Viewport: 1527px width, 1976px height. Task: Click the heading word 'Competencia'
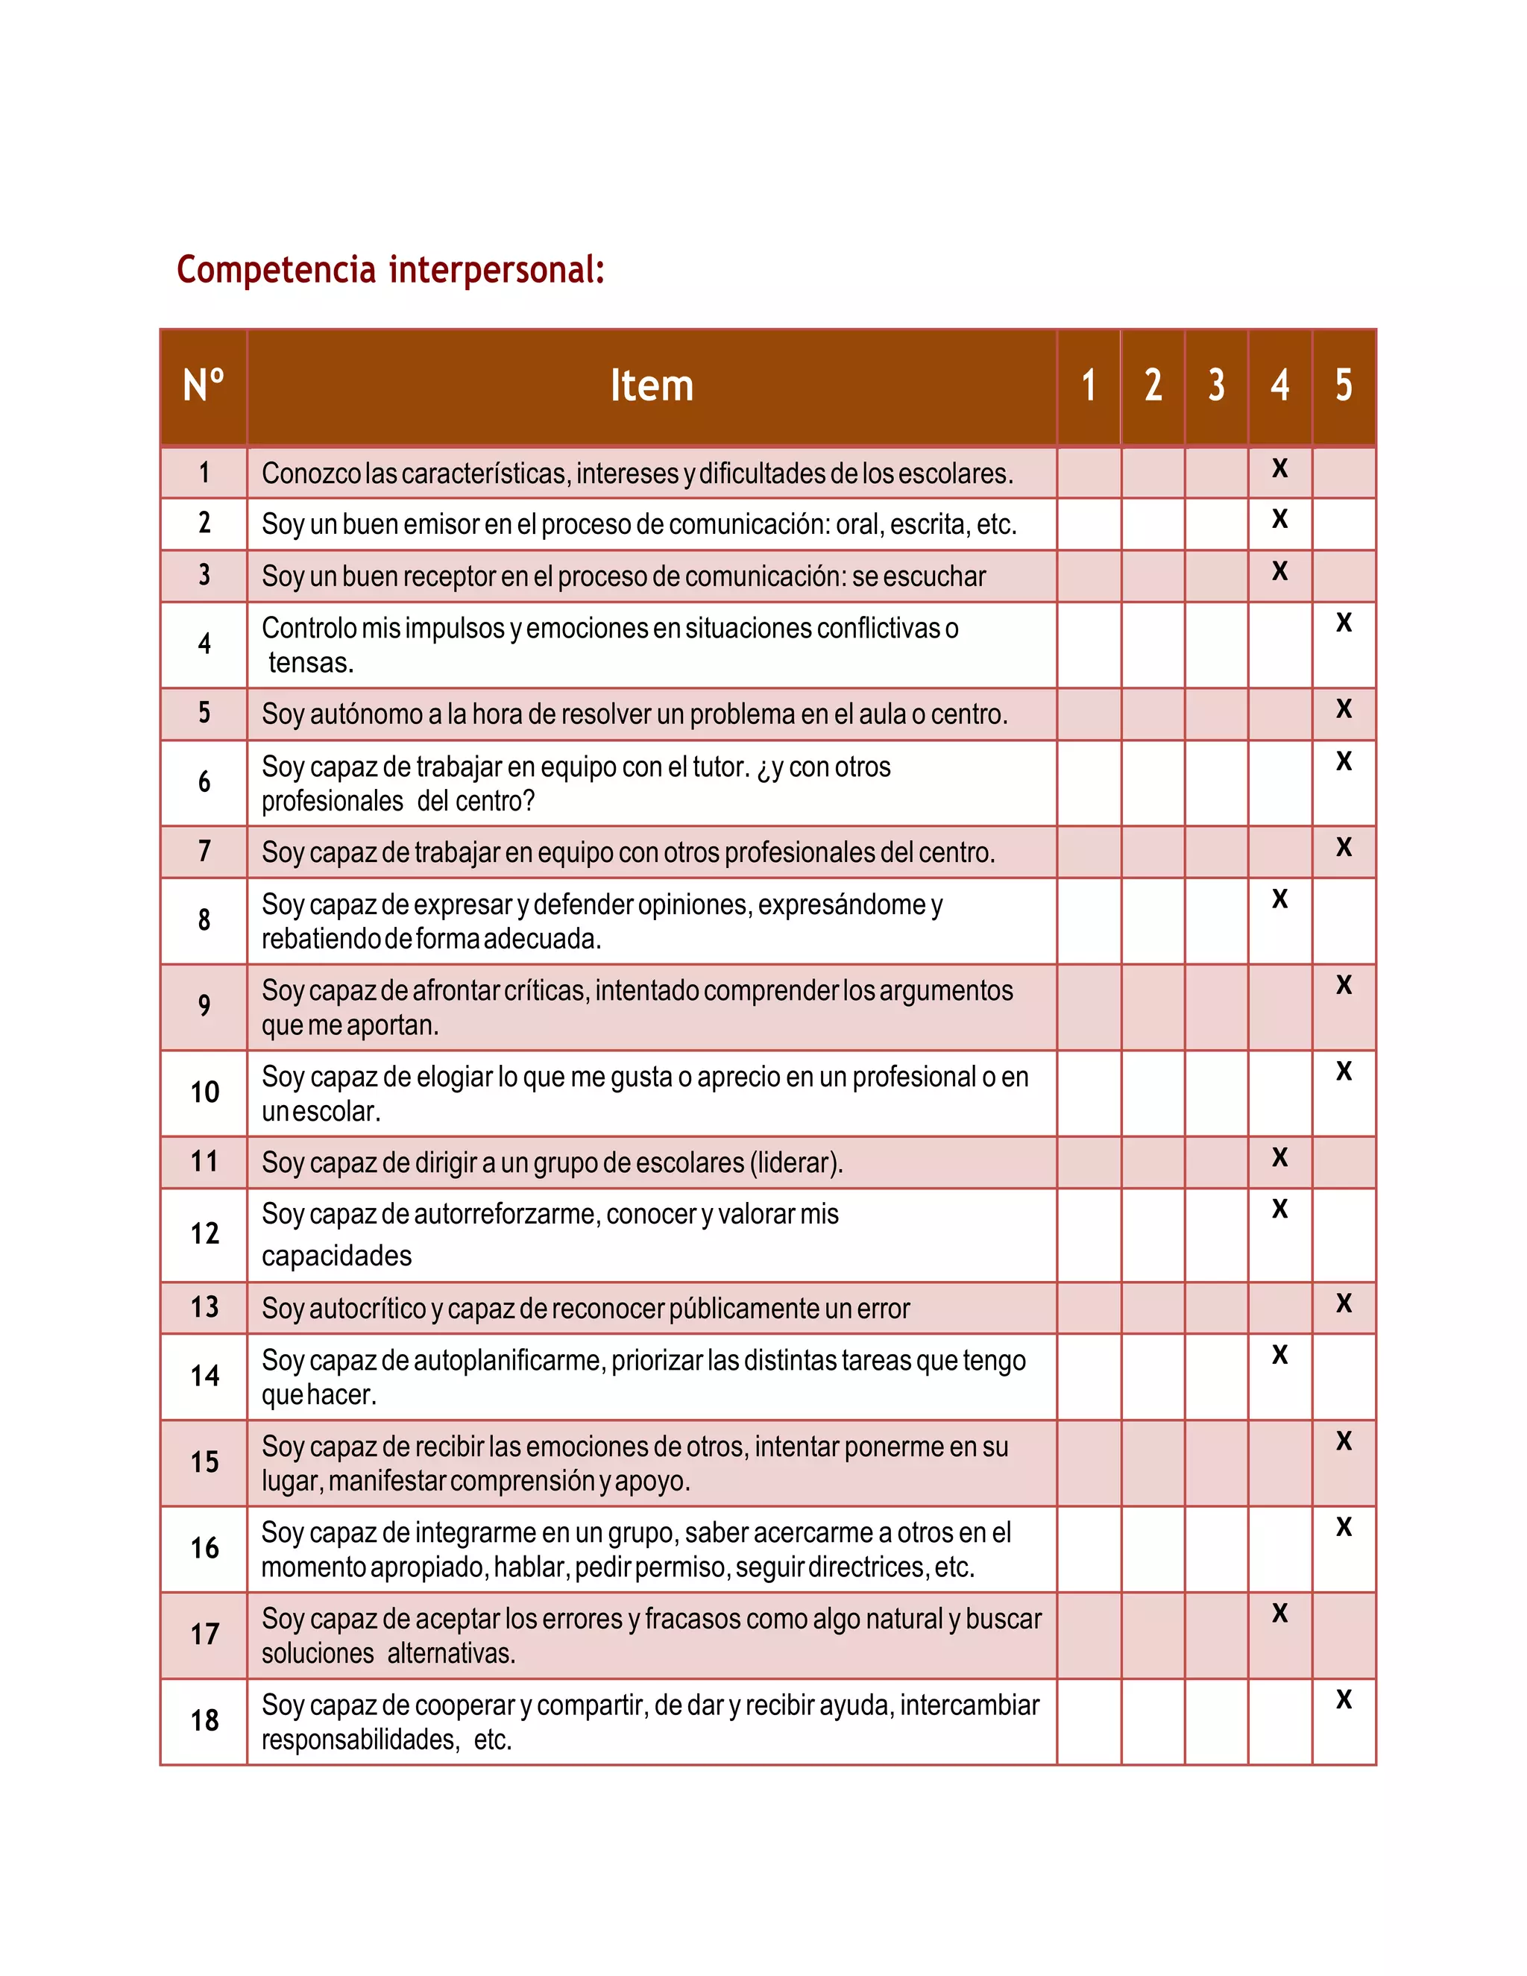pyautogui.click(x=276, y=270)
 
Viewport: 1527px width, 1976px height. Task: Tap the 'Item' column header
pyautogui.click(x=652, y=386)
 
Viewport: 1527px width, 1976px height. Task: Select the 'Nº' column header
pyautogui.click(x=204, y=386)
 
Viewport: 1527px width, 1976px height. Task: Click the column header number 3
pyautogui.click(x=1216, y=386)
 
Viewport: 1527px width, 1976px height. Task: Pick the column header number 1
pyautogui.click(x=1089, y=386)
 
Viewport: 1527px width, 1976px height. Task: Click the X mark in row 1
pyautogui.click(x=1279, y=469)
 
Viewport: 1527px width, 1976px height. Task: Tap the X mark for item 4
pyautogui.click(x=1344, y=623)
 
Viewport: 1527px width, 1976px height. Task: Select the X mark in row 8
pyautogui.click(x=1279, y=899)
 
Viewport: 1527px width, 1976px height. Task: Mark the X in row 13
pyautogui.click(x=1344, y=1303)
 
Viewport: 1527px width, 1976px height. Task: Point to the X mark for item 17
pyautogui.click(x=1279, y=1613)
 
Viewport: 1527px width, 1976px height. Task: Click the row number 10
pyautogui.click(x=204, y=1092)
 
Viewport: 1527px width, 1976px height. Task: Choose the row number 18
pyautogui.click(x=204, y=1720)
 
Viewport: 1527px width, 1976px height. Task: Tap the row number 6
pyautogui.click(x=204, y=781)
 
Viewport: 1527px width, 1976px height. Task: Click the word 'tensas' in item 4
pyautogui.click(x=308, y=663)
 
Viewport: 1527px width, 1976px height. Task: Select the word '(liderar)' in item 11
pyautogui.click(x=796, y=1162)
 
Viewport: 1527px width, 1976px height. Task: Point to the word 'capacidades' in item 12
pyautogui.click(x=336, y=1256)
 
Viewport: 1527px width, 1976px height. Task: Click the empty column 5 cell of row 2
pyautogui.click(x=1344, y=525)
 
